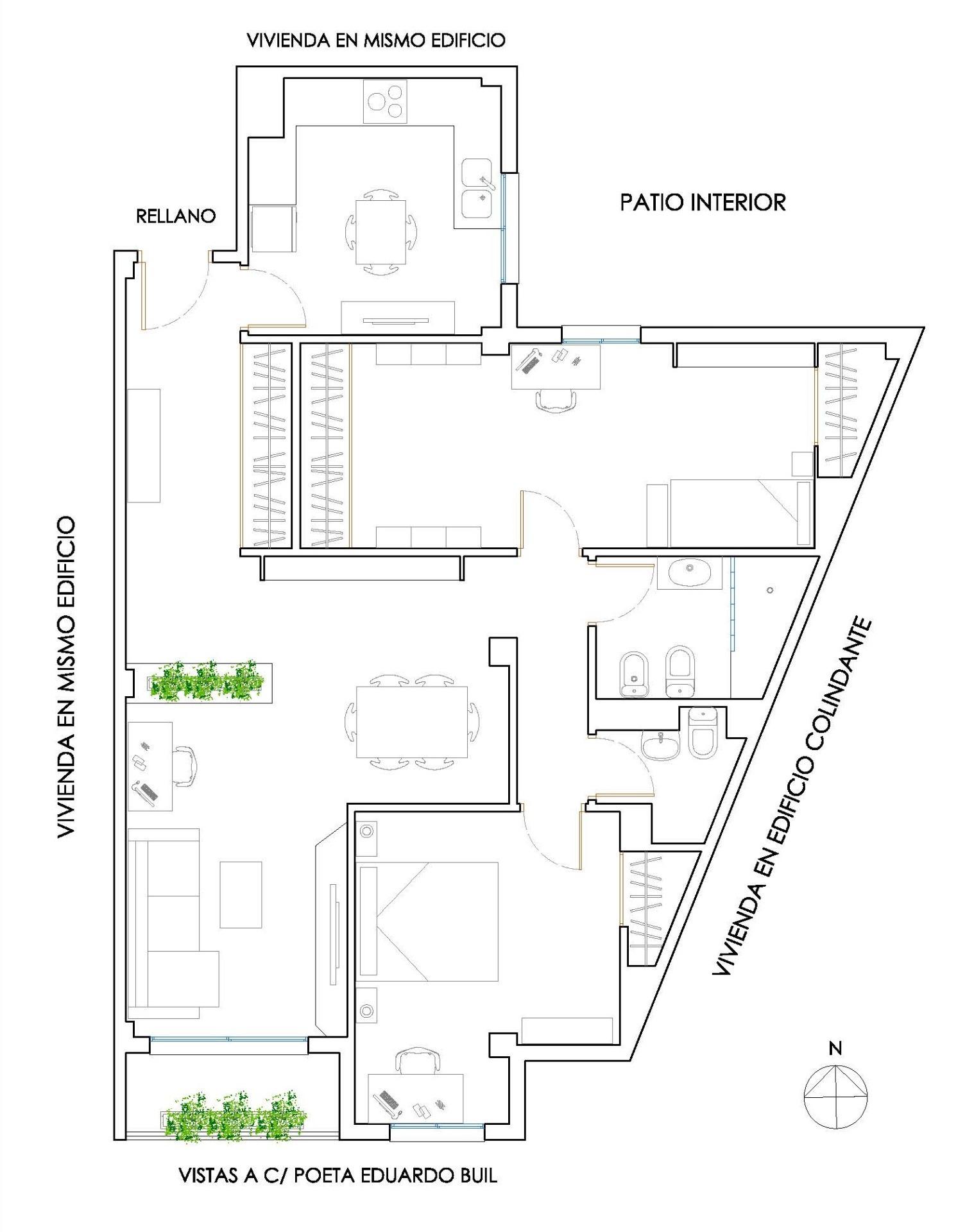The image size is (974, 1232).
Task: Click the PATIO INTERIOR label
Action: coord(703,202)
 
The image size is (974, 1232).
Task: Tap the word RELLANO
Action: coord(176,216)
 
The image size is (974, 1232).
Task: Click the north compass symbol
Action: coord(835,1096)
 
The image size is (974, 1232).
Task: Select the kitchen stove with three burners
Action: coord(385,101)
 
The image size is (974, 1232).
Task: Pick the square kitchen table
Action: coord(380,232)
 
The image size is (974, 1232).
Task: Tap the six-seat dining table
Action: coord(412,722)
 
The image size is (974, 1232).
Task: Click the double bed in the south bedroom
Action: coord(427,921)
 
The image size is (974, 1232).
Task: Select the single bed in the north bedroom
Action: coord(740,513)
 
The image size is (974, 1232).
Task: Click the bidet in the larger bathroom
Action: coord(634,675)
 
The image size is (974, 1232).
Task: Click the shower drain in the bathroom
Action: coord(770,590)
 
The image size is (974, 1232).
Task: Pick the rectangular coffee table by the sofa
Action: coord(241,894)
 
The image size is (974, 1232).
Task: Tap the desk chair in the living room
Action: coord(185,766)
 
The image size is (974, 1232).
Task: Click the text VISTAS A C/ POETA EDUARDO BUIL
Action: coord(338,1176)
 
